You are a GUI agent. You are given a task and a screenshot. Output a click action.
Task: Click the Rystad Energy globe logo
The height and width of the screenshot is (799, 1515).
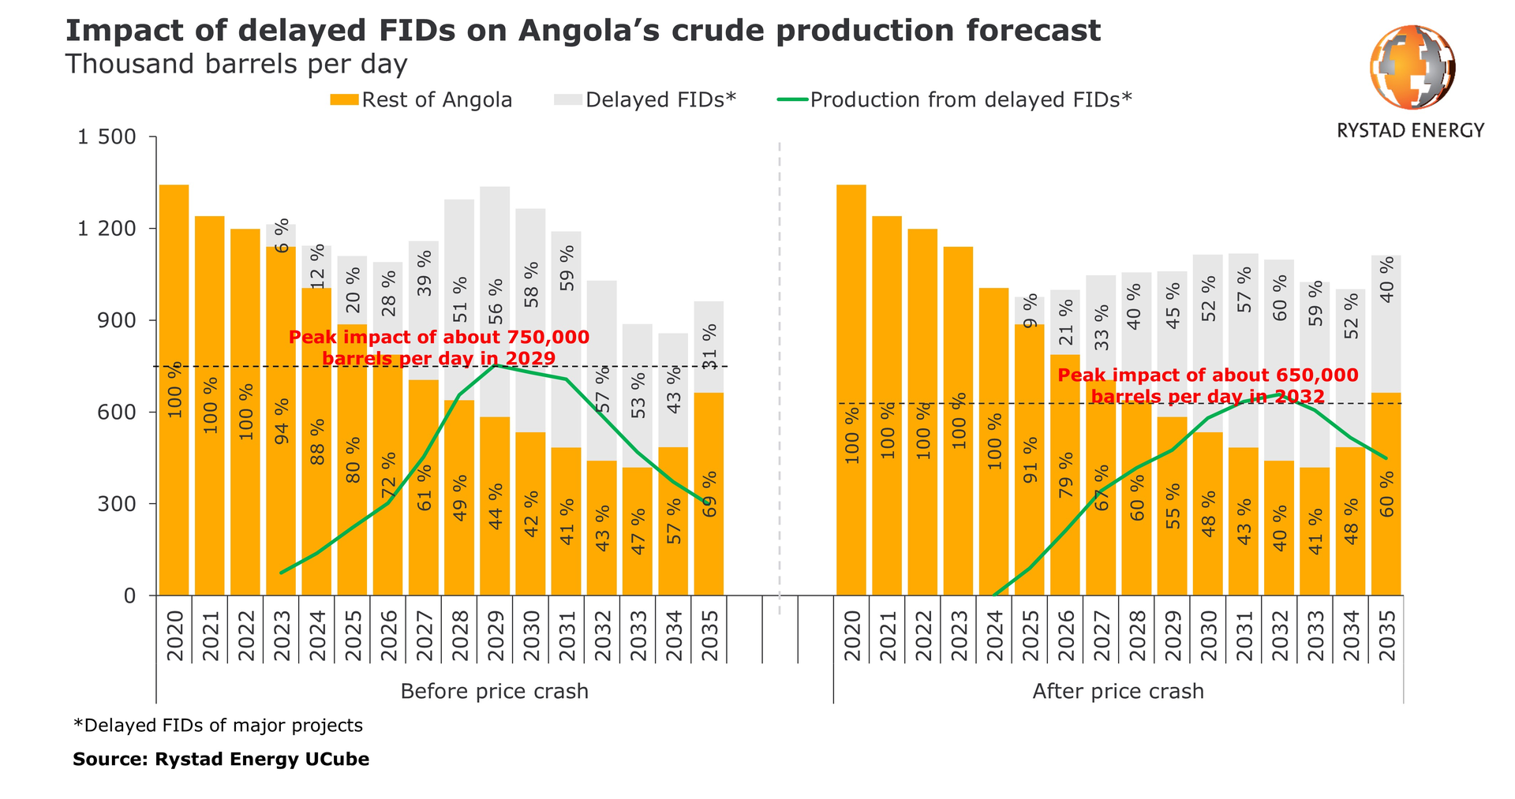point(1412,67)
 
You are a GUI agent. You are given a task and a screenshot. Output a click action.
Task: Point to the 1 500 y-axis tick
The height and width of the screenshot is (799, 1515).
point(107,138)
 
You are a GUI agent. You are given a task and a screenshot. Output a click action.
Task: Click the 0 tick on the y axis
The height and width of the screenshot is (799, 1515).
point(129,596)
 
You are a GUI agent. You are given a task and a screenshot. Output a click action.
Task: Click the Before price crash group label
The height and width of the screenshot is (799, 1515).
point(494,692)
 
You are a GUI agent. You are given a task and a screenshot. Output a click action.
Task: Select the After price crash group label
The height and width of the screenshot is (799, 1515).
point(1118,692)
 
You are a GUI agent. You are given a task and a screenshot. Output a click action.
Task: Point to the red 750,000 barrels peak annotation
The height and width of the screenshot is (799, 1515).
point(439,348)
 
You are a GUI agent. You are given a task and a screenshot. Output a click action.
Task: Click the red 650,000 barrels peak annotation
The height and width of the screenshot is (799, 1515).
point(1207,386)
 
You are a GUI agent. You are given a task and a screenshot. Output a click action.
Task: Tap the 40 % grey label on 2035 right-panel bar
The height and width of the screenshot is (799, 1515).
point(1386,281)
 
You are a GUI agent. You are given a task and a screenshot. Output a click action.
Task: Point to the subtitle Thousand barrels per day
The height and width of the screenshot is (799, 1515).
point(236,64)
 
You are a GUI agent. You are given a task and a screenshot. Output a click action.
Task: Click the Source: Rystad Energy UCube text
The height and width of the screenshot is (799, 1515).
point(221,760)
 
